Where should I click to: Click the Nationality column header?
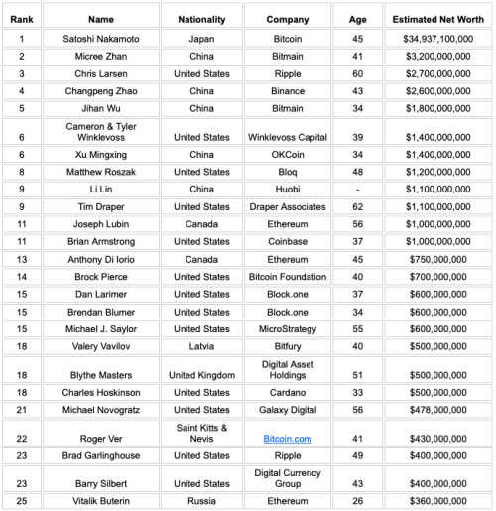coord(200,19)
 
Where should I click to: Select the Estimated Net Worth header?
coord(437,19)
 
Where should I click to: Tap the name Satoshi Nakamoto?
coord(100,39)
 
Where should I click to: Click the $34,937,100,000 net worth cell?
coord(437,39)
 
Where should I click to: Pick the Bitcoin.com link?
coord(287,438)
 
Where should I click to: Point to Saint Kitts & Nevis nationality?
coord(200,433)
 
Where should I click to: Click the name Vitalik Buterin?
coord(100,501)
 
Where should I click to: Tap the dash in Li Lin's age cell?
coord(357,190)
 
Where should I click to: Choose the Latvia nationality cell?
coord(200,344)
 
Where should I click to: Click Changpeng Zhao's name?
coord(100,90)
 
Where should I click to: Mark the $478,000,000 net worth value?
coord(437,410)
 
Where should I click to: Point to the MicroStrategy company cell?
coord(287,327)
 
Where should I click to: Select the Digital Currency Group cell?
coord(287,478)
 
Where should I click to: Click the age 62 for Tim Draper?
coord(357,207)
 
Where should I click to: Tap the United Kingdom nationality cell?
coord(200,376)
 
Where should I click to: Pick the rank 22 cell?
coord(22,438)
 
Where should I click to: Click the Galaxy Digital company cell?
coord(287,410)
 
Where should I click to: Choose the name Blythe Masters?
coord(100,376)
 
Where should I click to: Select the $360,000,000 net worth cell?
coord(437,501)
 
